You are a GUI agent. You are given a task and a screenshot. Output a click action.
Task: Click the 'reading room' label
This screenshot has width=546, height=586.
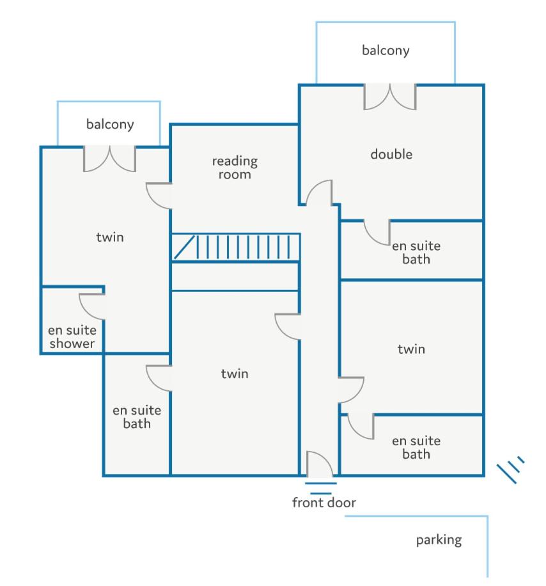point(235,168)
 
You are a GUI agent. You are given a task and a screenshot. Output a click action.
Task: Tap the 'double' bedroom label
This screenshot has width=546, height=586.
point(391,154)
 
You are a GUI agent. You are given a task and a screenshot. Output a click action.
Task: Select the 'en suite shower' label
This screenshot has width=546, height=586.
point(72,337)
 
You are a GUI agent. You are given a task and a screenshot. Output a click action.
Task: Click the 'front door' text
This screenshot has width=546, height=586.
point(324,502)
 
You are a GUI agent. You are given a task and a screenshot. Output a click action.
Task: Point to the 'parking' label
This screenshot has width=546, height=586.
point(439,540)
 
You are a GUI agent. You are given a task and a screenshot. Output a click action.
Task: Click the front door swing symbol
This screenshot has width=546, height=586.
point(319,464)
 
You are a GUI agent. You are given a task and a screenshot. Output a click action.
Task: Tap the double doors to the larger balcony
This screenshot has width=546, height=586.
point(390,97)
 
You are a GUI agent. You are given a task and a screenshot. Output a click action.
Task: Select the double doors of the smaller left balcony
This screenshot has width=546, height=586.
point(109,159)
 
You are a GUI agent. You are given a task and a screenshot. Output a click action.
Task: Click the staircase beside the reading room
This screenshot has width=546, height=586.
point(236,248)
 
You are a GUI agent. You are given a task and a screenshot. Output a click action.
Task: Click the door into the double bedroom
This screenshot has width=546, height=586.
point(319,193)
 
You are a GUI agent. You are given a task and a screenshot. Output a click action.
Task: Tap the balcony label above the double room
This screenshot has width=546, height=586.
point(386,50)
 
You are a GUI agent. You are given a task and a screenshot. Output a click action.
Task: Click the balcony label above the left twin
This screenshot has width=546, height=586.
point(110,124)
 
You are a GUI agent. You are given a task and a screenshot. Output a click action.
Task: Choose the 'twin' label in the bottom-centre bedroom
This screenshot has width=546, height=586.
point(235,374)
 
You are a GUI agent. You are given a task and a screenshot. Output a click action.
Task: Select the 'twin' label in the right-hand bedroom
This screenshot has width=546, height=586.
point(411,349)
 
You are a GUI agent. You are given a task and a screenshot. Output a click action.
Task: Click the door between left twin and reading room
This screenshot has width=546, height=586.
point(159,196)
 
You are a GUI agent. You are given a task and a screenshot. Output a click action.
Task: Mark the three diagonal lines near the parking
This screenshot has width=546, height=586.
point(511,470)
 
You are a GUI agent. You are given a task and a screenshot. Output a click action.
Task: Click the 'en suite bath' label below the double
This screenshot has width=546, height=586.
point(416,253)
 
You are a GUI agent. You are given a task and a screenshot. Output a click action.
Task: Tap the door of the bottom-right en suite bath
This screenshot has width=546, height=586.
point(361,427)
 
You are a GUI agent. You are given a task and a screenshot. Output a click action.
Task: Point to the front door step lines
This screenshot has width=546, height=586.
point(321,489)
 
